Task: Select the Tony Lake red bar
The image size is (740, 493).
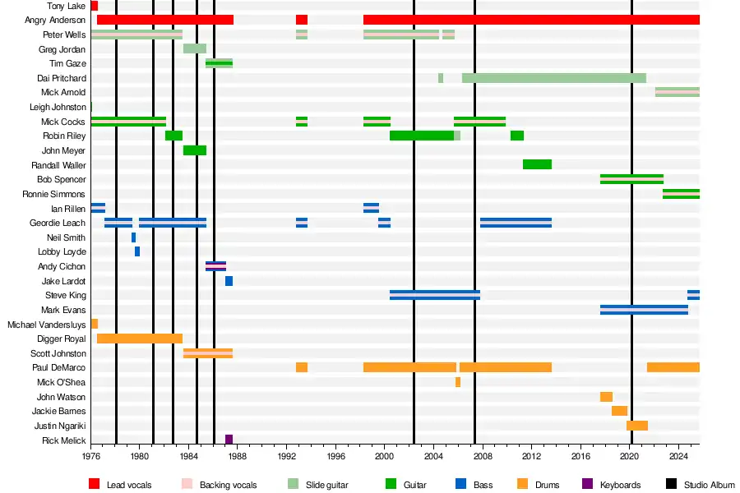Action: point(95,6)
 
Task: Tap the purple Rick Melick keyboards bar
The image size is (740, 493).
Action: point(229,440)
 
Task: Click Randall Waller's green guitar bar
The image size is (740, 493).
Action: point(537,164)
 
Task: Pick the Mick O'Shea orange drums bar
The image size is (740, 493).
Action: point(458,382)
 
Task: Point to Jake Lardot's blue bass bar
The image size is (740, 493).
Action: point(229,281)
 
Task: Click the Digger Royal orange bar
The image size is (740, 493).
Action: point(140,339)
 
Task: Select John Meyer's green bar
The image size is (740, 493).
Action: point(195,150)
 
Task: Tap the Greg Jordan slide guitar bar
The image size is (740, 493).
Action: point(195,48)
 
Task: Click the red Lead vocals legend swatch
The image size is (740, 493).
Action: point(94,485)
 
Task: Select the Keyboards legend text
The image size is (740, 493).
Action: point(620,485)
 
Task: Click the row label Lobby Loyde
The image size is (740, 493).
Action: point(62,251)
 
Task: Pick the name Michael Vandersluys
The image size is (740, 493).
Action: point(47,325)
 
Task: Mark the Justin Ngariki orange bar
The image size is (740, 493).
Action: point(637,426)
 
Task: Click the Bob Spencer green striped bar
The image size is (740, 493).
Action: point(631,179)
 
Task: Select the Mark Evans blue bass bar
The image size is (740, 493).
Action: point(644,310)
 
